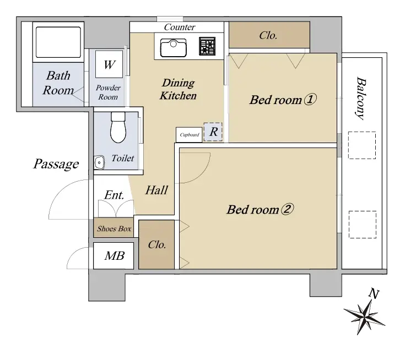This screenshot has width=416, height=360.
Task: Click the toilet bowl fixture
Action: pos(118,127)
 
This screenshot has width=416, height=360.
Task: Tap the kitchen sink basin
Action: pos(173,47)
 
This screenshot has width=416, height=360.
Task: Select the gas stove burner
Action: pos(207,46)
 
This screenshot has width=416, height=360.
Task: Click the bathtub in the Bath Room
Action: pos(58,42)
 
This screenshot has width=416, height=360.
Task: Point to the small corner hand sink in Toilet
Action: pos(99,162)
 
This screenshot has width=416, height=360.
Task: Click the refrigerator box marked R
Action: pos(213,132)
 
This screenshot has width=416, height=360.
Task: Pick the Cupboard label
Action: pos(190,135)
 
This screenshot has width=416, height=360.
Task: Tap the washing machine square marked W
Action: pos(109,64)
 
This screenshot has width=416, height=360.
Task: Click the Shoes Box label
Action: pos(114,228)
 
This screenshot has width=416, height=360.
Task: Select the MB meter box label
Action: pos(115,256)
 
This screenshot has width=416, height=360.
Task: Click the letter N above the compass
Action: pos(374,293)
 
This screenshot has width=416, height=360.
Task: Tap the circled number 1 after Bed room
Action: pos(310,100)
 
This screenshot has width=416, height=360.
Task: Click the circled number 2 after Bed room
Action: pos(287,209)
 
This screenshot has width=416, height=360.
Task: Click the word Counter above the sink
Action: pos(180,27)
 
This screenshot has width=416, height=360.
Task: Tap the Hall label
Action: pos(157,190)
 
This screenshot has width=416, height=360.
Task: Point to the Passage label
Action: pos(56,164)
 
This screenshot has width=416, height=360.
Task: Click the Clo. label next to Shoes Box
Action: pos(157,245)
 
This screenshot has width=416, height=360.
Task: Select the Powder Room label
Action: pos(108,92)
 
